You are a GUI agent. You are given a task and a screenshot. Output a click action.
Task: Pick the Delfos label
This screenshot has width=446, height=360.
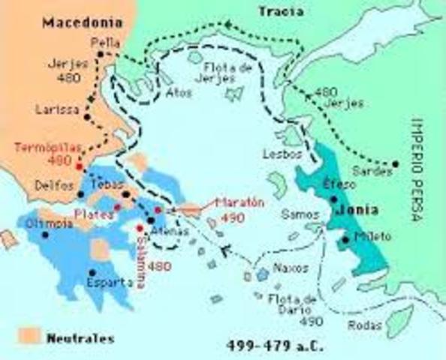(x=50, y=185)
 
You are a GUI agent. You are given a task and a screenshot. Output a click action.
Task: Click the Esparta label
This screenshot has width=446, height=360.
(x=110, y=283)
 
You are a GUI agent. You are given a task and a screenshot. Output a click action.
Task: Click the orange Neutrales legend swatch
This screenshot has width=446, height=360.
(x=27, y=335)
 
